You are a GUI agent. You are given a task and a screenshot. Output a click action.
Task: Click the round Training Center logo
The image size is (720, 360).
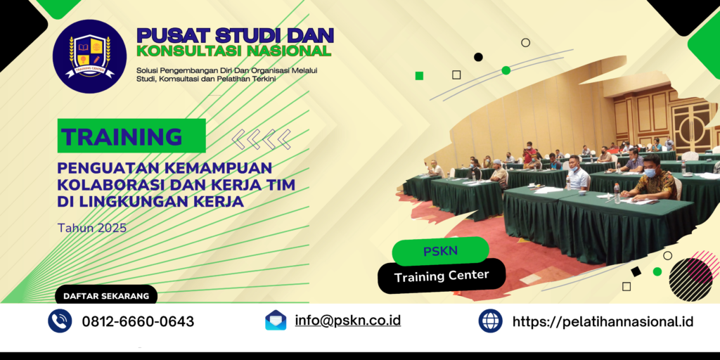click(x=89, y=56)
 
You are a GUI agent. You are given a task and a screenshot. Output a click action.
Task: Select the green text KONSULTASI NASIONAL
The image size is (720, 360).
click(x=233, y=51)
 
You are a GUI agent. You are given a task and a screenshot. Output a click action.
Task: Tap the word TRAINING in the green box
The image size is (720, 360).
click(x=122, y=136)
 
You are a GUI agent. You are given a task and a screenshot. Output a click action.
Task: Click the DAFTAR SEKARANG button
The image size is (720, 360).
click(x=106, y=296)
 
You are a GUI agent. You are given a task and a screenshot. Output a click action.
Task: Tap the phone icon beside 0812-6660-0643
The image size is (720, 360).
click(x=60, y=321)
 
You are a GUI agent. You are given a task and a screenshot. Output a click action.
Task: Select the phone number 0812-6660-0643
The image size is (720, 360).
click(x=138, y=322)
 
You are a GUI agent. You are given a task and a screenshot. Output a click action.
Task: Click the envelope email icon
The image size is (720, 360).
click(x=276, y=321)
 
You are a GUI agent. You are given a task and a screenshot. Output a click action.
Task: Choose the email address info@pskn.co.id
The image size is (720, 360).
click(x=348, y=321)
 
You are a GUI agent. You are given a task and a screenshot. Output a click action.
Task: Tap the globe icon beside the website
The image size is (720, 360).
click(x=490, y=321)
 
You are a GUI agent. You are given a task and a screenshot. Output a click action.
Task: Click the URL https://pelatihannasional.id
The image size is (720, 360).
click(x=603, y=322)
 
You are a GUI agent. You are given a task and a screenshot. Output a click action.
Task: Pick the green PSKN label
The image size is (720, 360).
click(x=440, y=252)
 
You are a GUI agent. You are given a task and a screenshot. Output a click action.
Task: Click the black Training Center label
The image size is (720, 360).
click(x=442, y=276)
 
